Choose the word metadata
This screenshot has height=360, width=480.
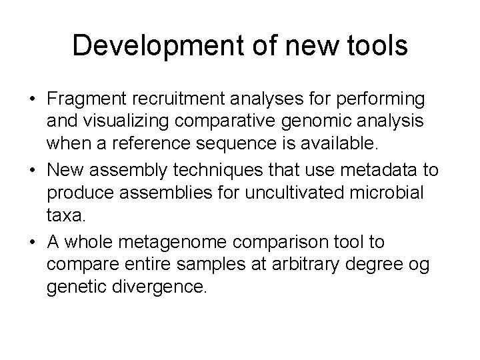[x=383, y=170]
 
